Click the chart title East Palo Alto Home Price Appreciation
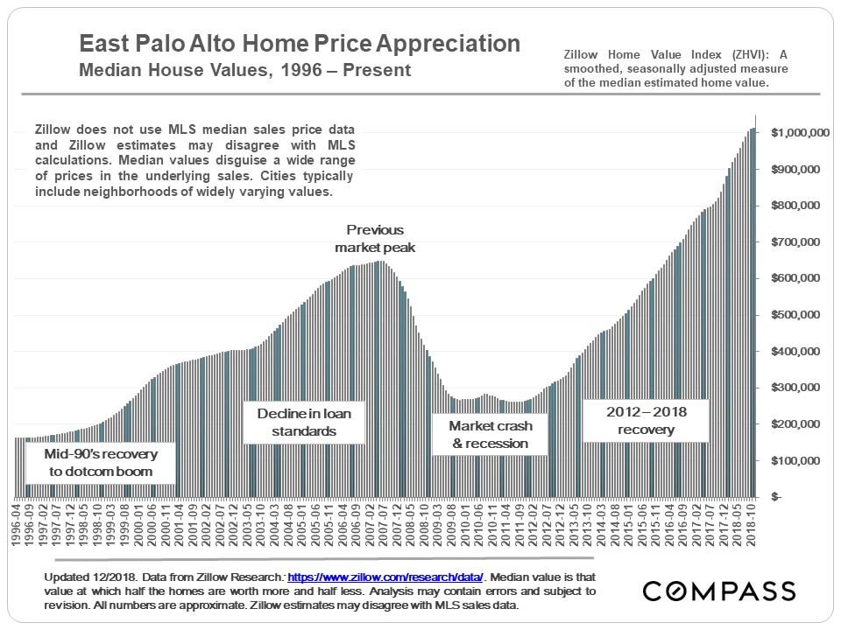[x=300, y=45]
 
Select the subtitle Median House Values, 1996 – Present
[x=245, y=70]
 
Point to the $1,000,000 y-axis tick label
[x=801, y=133]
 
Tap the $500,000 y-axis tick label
[x=801, y=315]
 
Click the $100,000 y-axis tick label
[x=801, y=460]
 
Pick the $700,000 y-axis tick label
[x=801, y=242]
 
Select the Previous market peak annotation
[x=375, y=238]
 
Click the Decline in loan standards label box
[x=296, y=422]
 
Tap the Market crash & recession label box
[x=490, y=434]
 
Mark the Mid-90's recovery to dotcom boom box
[x=98, y=463]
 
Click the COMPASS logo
[x=718, y=591]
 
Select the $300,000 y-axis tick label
[x=801, y=388]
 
